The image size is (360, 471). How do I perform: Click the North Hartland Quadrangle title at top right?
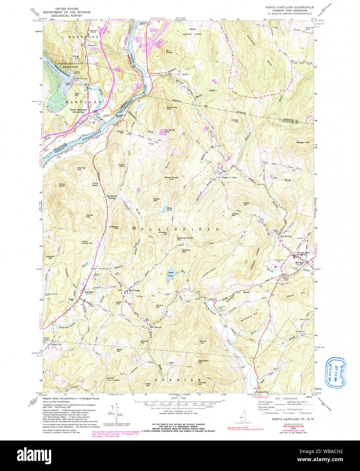[x=289, y=7]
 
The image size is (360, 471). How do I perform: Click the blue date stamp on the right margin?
[x=336, y=372]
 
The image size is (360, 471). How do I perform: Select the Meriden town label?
[x=299, y=262]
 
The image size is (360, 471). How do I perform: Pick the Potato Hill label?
[x=157, y=200]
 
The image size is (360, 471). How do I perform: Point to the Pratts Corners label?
[x=229, y=177]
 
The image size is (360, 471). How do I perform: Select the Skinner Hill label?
[x=81, y=168]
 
